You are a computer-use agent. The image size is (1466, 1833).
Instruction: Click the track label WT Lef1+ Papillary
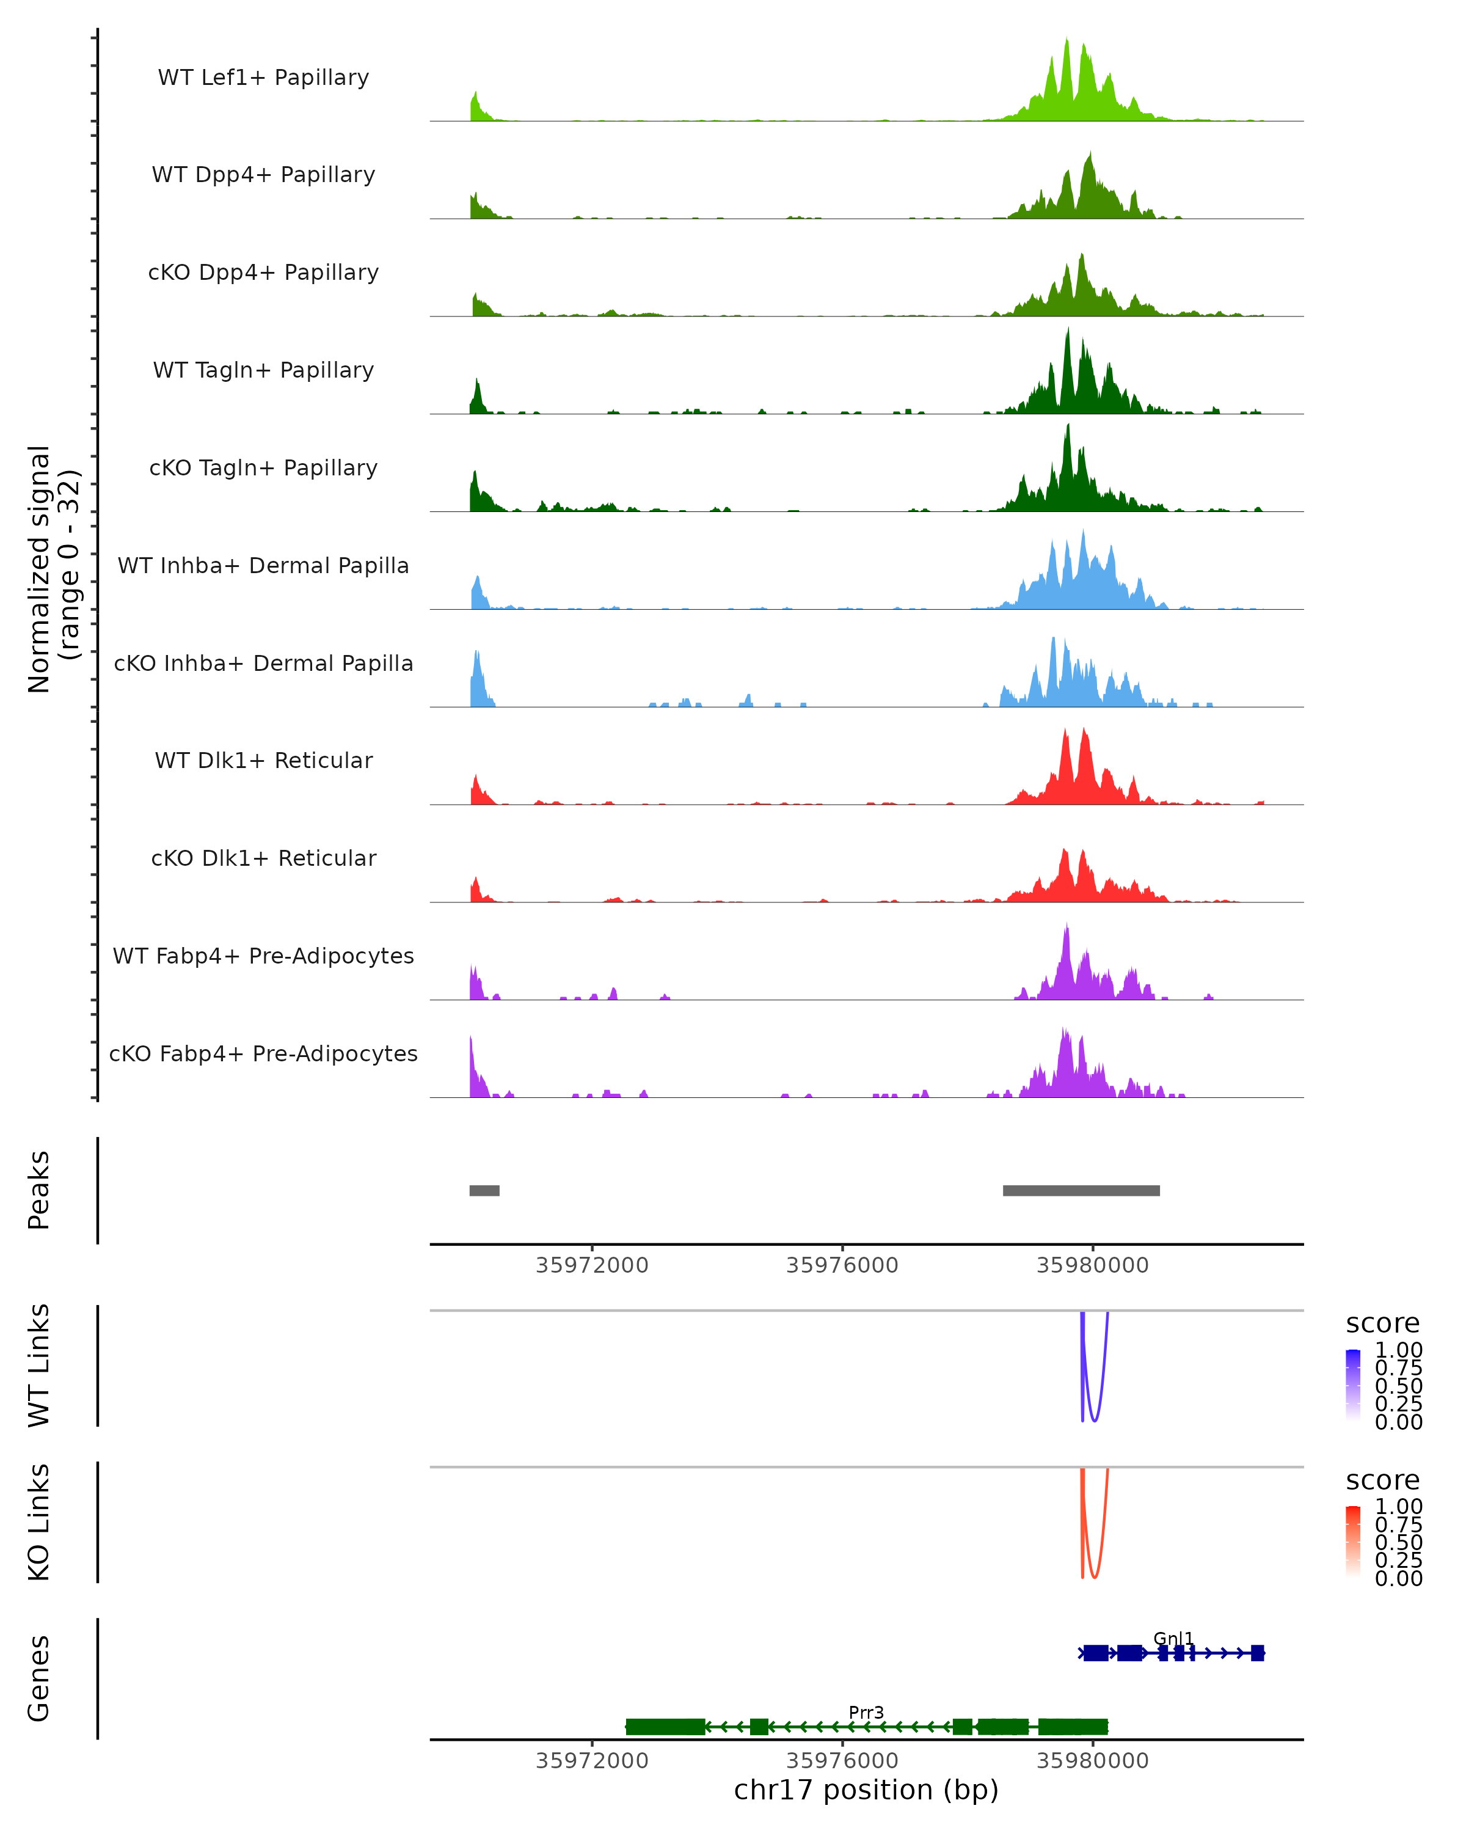click(x=263, y=78)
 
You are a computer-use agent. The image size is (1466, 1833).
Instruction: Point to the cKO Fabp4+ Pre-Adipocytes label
click(x=263, y=1053)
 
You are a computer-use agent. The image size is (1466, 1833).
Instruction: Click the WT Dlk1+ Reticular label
click(x=263, y=760)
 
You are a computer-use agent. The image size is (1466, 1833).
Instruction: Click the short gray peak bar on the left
click(x=484, y=1190)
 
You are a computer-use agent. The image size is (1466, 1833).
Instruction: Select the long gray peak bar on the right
click(x=1081, y=1190)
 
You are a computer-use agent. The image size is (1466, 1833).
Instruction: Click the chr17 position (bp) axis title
click(x=866, y=1790)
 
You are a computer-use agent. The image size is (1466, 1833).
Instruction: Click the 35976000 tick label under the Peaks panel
click(x=842, y=1265)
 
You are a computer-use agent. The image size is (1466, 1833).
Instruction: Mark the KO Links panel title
click(x=39, y=1522)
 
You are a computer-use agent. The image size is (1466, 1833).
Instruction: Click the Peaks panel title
click(x=39, y=1190)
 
